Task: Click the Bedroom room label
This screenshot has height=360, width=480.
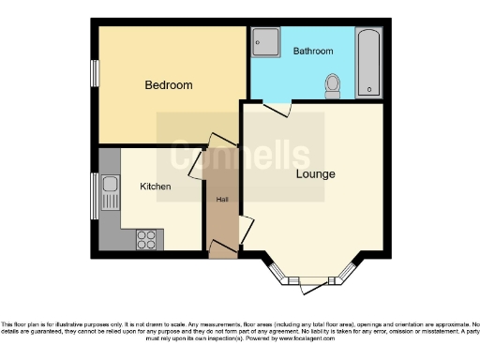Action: click(168, 85)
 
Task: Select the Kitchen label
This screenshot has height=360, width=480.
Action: click(156, 187)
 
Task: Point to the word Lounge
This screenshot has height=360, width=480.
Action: click(315, 174)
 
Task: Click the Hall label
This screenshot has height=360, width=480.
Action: click(222, 200)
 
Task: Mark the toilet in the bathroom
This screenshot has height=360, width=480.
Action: click(332, 85)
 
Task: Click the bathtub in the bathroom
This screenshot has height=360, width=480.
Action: click(369, 62)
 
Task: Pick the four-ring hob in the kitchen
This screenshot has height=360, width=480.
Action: click(147, 238)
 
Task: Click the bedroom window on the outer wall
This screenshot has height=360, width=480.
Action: click(94, 74)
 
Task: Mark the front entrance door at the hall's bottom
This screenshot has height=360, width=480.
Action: click(222, 248)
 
